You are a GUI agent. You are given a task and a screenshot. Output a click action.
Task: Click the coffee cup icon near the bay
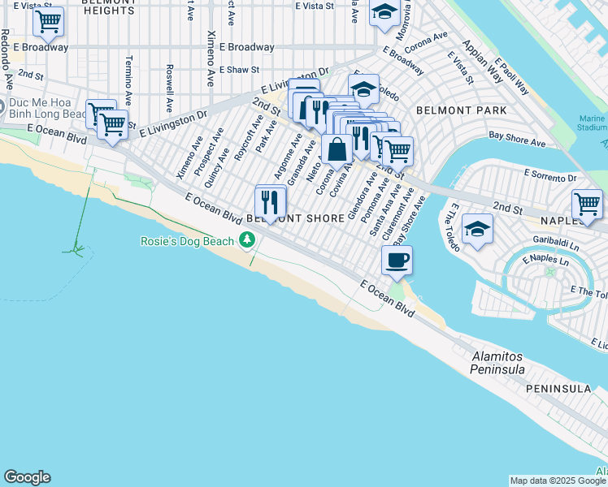pos(397,261)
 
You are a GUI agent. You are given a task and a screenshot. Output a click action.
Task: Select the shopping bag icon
pos(337,149)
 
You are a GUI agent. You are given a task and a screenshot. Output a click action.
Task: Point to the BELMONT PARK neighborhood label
pos(461,110)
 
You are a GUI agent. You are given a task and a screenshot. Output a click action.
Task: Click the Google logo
pos(27,477)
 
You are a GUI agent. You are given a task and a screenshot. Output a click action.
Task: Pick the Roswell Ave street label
pos(169,88)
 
